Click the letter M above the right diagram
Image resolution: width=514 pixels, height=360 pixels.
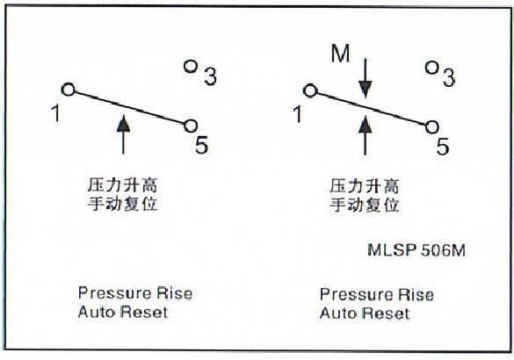tap(341, 54)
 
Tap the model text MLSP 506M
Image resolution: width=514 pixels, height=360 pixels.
tap(416, 250)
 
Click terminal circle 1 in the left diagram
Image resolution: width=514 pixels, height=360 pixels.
tap(69, 89)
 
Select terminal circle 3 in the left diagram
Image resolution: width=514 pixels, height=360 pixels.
tap(191, 67)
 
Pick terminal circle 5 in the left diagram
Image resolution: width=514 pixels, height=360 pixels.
tap(191, 126)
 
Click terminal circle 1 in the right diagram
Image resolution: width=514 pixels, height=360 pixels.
tap(310, 90)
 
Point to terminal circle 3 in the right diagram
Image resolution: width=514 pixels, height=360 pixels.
tap(432, 68)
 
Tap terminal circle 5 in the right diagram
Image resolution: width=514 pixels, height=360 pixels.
tap(432, 127)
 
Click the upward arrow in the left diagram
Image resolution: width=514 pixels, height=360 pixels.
tap(123, 134)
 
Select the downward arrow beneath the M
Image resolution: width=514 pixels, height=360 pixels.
tap(366, 79)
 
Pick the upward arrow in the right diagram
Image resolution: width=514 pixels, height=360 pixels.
tap(366, 135)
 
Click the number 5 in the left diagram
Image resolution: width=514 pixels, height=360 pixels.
tap(201, 145)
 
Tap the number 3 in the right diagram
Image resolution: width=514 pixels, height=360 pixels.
tap(449, 77)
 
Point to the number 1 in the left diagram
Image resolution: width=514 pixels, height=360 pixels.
tap(56, 113)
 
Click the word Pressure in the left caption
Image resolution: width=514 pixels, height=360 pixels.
tap(114, 293)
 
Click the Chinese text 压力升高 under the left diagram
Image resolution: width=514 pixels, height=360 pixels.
tap(123, 185)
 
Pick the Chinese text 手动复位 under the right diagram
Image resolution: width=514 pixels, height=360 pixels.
tap(364, 205)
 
